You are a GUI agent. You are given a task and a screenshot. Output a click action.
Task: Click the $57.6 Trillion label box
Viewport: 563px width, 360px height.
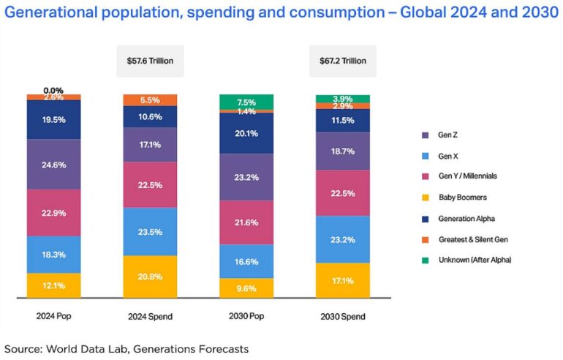[150, 61]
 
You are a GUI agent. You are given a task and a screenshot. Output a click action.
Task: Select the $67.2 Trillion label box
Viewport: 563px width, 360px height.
[342, 61]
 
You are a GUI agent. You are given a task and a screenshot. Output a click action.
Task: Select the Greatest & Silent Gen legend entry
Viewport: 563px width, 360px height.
[469, 239]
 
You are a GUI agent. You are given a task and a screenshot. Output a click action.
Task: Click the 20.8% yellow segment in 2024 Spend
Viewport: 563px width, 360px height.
[150, 277]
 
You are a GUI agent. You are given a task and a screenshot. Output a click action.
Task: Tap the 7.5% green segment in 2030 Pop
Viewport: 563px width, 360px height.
[246, 102]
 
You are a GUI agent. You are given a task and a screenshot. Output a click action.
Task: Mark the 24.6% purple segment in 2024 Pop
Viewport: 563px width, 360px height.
[53, 165]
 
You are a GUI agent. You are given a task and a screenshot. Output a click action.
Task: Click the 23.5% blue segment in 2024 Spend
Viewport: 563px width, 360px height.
[150, 231]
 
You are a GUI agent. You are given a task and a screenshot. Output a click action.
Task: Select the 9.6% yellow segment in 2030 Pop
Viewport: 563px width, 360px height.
[246, 288]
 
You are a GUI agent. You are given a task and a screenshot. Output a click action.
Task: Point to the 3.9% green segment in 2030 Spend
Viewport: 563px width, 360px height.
[342, 98]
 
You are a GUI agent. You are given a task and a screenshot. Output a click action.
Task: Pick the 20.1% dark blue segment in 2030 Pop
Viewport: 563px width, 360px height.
[246, 132]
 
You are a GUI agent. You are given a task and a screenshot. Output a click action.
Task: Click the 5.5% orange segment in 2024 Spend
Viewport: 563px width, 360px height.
[150, 100]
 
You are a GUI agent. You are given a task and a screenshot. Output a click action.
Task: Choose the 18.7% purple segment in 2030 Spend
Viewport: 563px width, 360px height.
[342, 151]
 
